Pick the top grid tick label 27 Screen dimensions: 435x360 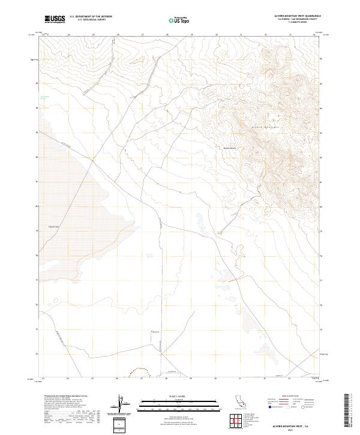point(143,35)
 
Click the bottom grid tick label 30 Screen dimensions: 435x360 point(216,379)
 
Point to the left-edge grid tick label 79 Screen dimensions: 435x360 point(38,231)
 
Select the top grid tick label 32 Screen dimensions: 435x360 point(265,35)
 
